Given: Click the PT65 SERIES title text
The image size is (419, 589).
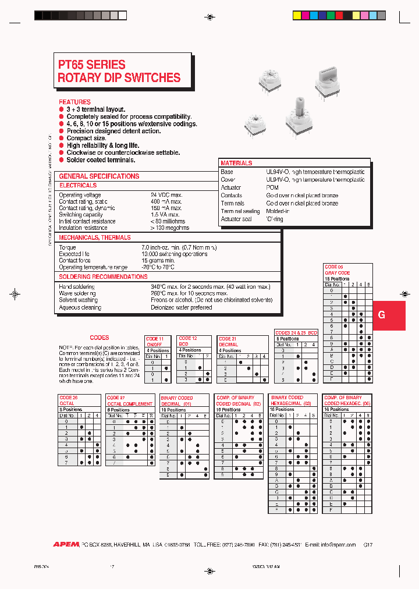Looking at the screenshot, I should [92, 65].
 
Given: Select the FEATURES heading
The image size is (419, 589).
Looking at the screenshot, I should [74, 102].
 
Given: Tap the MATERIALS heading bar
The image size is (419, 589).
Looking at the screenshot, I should [236, 164].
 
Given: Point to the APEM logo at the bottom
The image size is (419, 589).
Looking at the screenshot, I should [66, 544].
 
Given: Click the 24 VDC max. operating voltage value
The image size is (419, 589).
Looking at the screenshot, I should [166, 195].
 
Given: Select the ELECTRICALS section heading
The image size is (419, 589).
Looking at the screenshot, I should [79, 185].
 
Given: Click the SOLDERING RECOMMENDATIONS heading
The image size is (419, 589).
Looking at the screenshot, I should [103, 276].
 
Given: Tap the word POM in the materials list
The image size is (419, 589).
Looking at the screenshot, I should [272, 188].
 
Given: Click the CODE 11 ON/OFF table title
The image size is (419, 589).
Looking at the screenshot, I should [155, 342].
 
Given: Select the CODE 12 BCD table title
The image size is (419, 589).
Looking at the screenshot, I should [188, 341].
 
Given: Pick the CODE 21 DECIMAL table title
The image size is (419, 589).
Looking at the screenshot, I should [228, 342].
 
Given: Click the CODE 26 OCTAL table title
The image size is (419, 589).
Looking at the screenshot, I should [69, 400].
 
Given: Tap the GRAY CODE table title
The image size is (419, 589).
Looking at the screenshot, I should [338, 272].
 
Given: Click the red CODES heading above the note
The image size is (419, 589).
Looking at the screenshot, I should [100, 338].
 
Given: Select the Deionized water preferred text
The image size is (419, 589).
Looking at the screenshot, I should [181, 307].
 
